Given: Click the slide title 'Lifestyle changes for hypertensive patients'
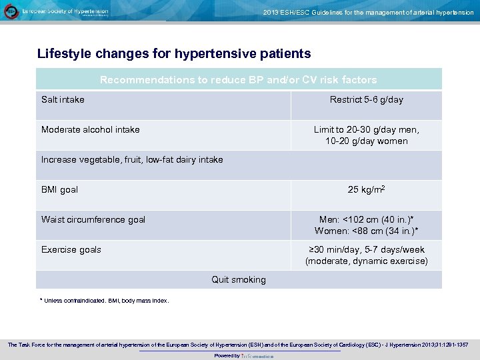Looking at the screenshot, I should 174,53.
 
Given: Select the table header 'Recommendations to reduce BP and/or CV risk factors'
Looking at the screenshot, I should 238,80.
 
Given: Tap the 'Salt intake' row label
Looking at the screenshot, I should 63,100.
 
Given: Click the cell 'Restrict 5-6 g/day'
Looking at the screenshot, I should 366,100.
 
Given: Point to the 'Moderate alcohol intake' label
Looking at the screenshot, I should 91,130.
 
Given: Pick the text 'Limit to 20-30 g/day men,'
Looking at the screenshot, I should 366,130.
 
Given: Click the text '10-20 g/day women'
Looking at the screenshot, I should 366,141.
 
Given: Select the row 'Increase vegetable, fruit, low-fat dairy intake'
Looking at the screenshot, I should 132,160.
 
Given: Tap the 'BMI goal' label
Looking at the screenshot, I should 59,190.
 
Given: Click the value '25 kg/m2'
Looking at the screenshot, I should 366,190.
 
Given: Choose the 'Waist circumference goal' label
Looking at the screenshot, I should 93,220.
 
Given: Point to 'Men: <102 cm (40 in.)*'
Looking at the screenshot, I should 366,220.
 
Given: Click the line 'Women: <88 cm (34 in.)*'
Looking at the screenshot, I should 366,231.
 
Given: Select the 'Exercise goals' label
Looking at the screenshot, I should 71,250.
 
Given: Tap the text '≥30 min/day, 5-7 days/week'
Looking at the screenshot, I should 366,250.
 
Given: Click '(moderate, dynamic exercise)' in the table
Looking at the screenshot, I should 366,261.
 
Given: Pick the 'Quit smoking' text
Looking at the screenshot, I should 238,280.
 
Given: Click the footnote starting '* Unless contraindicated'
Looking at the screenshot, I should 105,301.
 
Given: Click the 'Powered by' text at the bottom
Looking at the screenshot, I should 227,356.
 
